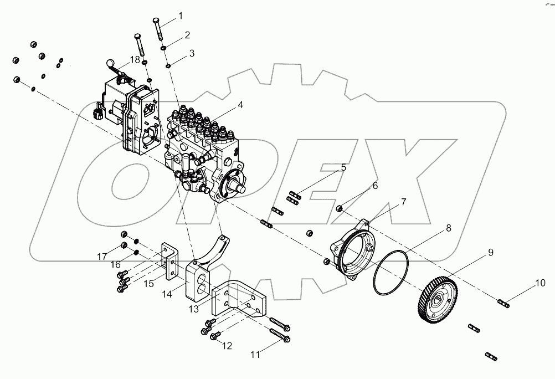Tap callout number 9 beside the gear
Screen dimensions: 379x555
491,253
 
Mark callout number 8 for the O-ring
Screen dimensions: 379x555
448,228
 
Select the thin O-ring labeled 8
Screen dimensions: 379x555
393,273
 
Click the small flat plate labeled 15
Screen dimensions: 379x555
169,260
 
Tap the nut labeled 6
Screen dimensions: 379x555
341,208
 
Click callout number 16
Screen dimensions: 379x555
115,265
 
